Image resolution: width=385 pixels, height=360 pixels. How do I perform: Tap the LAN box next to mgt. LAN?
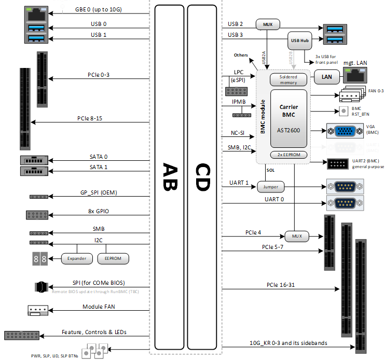click(x=327, y=77)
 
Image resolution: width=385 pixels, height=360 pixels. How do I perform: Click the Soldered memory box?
click(x=288, y=80)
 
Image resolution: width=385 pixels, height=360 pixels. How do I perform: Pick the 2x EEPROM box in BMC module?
click(x=288, y=155)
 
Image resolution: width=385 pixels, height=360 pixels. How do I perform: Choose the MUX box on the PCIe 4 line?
click(x=296, y=237)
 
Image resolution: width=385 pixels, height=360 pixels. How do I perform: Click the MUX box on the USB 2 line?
click(x=268, y=24)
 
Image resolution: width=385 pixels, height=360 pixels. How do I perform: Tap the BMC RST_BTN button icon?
click(x=343, y=110)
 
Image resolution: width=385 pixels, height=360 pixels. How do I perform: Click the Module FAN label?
click(x=99, y=307)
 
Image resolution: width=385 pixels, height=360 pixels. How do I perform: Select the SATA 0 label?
click(x=99, y=156)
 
